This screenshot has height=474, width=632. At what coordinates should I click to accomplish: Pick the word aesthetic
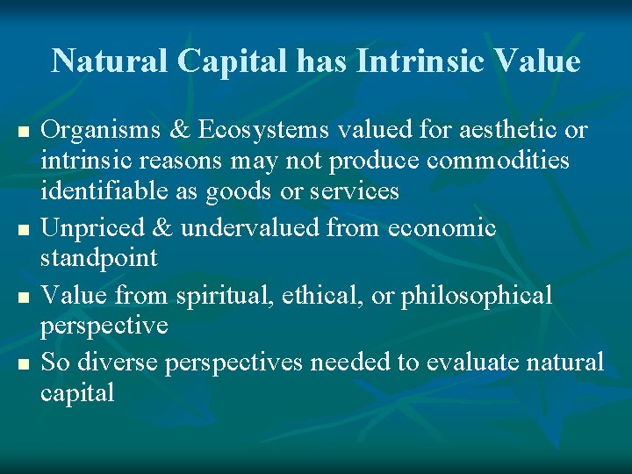click(x=506, y=131)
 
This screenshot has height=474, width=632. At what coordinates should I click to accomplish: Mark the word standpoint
click(x=99, y=259)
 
